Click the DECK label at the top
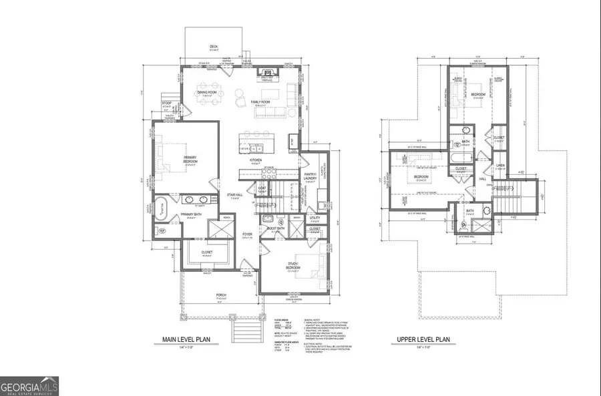tap(214, 47)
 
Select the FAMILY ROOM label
tap(260, 102)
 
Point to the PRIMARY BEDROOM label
tap(194, 158)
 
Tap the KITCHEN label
tap(255, 160)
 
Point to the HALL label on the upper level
tap(482, 178)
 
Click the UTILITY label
tap(315, 218)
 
